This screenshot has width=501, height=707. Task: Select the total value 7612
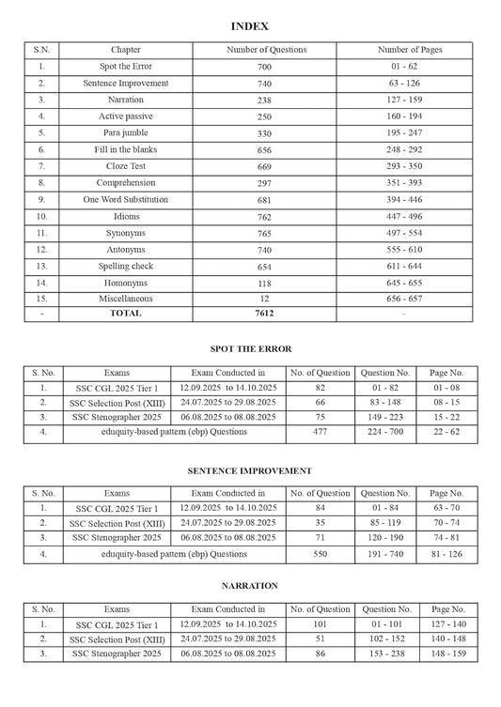pyautogui.click(x=267, y=313)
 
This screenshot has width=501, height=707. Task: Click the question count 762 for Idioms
pyautogui.click(x=267, y=216)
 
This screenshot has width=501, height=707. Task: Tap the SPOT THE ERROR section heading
pyautogui.click(x=250, y=349)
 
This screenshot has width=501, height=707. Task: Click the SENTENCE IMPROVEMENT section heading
pyautogui.click(x=250, y=470)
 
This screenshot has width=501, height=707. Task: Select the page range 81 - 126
pyautogui.click(x=446, y=554)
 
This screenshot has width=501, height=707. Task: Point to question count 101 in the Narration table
pyautogui.click(x=320, y=624)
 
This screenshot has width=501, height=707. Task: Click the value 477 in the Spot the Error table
pyautogui.click(x=320, y=432)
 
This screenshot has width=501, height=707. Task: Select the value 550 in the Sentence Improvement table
pyautogui.click(x=320, y=554)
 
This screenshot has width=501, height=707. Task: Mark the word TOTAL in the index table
pyautogui.click(x=126, y=313)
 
